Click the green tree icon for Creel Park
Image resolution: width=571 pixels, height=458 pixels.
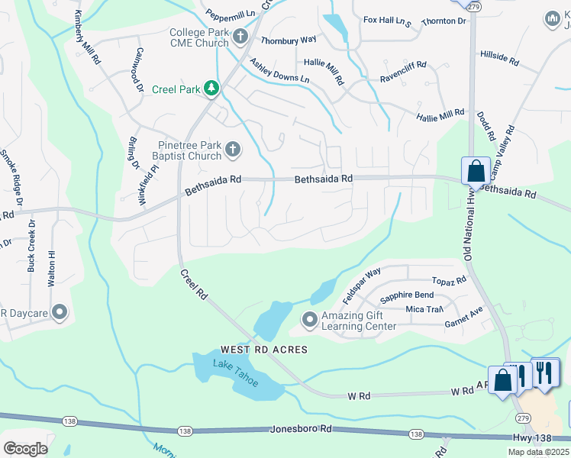[x=211, y=89]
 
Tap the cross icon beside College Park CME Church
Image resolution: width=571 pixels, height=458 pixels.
[x=240, y=36]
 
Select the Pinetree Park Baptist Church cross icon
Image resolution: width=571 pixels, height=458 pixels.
[x=232, y=149]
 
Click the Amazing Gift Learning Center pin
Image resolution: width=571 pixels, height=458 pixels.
[x=309, y=320]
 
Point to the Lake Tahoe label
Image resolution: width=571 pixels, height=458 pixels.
[x=236, y=372]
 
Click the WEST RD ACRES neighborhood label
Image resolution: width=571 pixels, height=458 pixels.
[x=253, y=350]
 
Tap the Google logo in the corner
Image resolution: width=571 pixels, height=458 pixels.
[x=25, y=448]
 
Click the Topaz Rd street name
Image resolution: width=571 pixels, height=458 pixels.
[x=448, y=281]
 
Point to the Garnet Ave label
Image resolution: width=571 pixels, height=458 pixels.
[x=464, y=324]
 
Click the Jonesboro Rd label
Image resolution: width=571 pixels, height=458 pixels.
[x=302, y=430]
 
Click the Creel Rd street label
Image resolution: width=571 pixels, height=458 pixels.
[x=195, y=282]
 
